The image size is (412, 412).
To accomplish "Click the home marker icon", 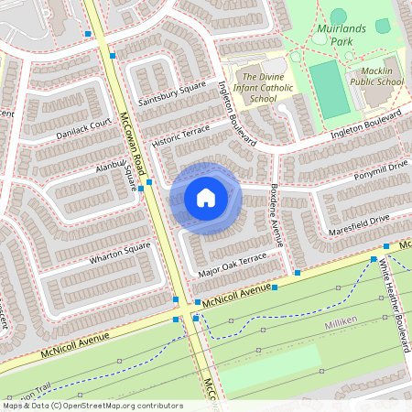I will [206, 198].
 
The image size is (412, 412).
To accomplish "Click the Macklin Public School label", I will [376, 76].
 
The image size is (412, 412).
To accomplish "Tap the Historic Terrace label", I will [180, 138].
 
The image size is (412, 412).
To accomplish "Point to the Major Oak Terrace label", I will [232, 266].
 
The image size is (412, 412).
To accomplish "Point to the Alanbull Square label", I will [122, 174].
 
